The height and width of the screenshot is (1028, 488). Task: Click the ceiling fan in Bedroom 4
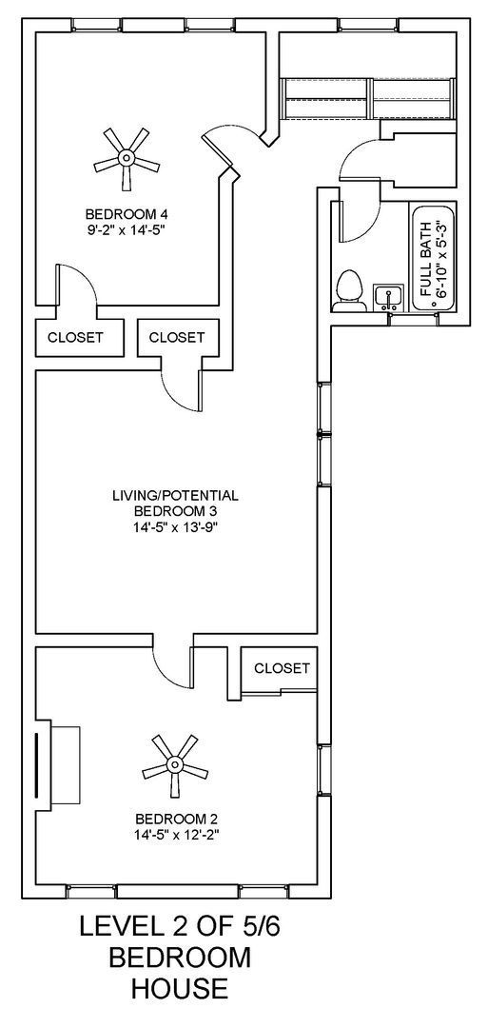click(126, 158)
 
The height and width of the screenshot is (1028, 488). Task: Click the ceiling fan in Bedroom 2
click(175, 764)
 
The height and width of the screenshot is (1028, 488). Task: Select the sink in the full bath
click(386, 297)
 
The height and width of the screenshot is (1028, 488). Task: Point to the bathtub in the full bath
click(432, 259)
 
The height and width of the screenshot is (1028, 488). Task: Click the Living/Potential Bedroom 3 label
click(175, 503)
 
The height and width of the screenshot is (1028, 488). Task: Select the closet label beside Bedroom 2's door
click(282, 668)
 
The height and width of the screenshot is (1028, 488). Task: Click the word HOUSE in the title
click(180, 990)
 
